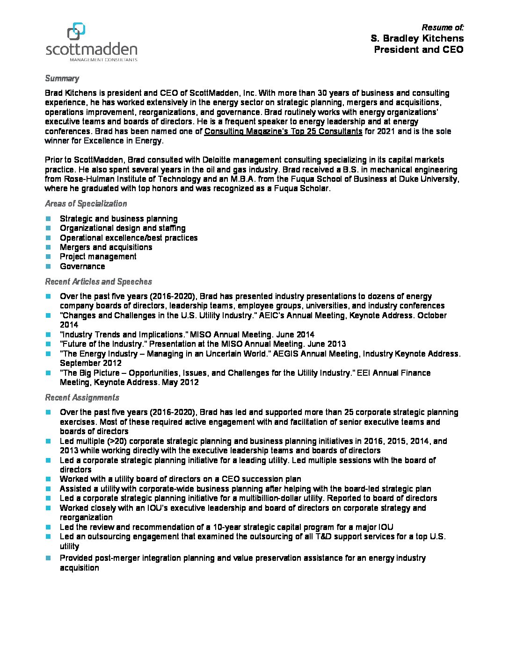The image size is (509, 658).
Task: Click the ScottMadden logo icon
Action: [76, 31]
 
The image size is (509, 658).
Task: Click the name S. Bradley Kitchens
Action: [417, 38]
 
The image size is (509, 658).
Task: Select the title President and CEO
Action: [418, 50]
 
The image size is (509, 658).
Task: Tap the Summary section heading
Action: [62, 79]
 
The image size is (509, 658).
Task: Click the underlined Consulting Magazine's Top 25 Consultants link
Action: [283, 131]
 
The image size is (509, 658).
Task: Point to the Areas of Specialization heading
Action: [86, 204]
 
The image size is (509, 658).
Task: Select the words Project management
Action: [98, 257]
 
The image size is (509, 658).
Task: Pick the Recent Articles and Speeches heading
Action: [98, 282]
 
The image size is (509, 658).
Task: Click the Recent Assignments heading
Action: [82, 398]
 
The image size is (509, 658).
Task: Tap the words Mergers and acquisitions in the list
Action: [106, 247]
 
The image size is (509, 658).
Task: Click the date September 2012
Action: [90, 363]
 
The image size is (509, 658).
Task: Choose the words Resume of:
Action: [443, 28]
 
